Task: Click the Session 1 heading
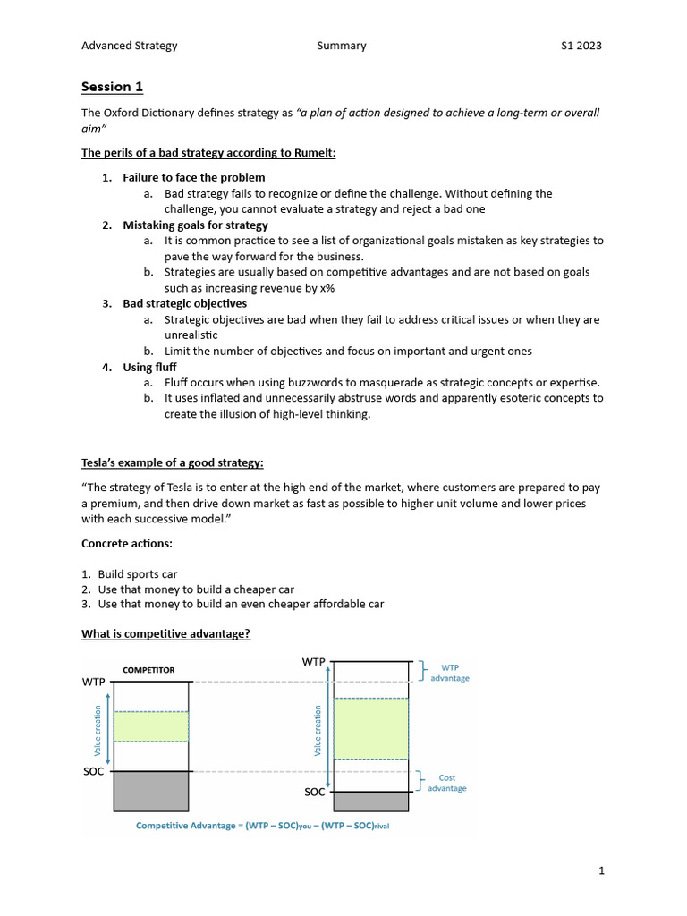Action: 112,87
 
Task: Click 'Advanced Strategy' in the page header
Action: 129,46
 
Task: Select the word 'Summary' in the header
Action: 341,46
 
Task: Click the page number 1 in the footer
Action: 602,870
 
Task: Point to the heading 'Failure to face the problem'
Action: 193,177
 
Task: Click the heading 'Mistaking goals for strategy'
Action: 195,225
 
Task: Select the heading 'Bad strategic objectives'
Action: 184,303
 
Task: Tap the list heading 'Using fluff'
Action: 149,367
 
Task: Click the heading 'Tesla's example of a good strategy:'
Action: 173,462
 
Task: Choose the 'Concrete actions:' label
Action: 129,543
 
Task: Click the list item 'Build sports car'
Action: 138,574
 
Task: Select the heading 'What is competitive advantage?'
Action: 165,634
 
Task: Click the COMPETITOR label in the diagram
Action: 148,670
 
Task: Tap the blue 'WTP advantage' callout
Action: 449,673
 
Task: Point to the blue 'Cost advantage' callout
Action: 446,783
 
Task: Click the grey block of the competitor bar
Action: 151,791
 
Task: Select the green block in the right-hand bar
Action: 370,728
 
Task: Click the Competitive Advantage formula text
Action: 262,826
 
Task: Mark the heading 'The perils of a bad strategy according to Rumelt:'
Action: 208,153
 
